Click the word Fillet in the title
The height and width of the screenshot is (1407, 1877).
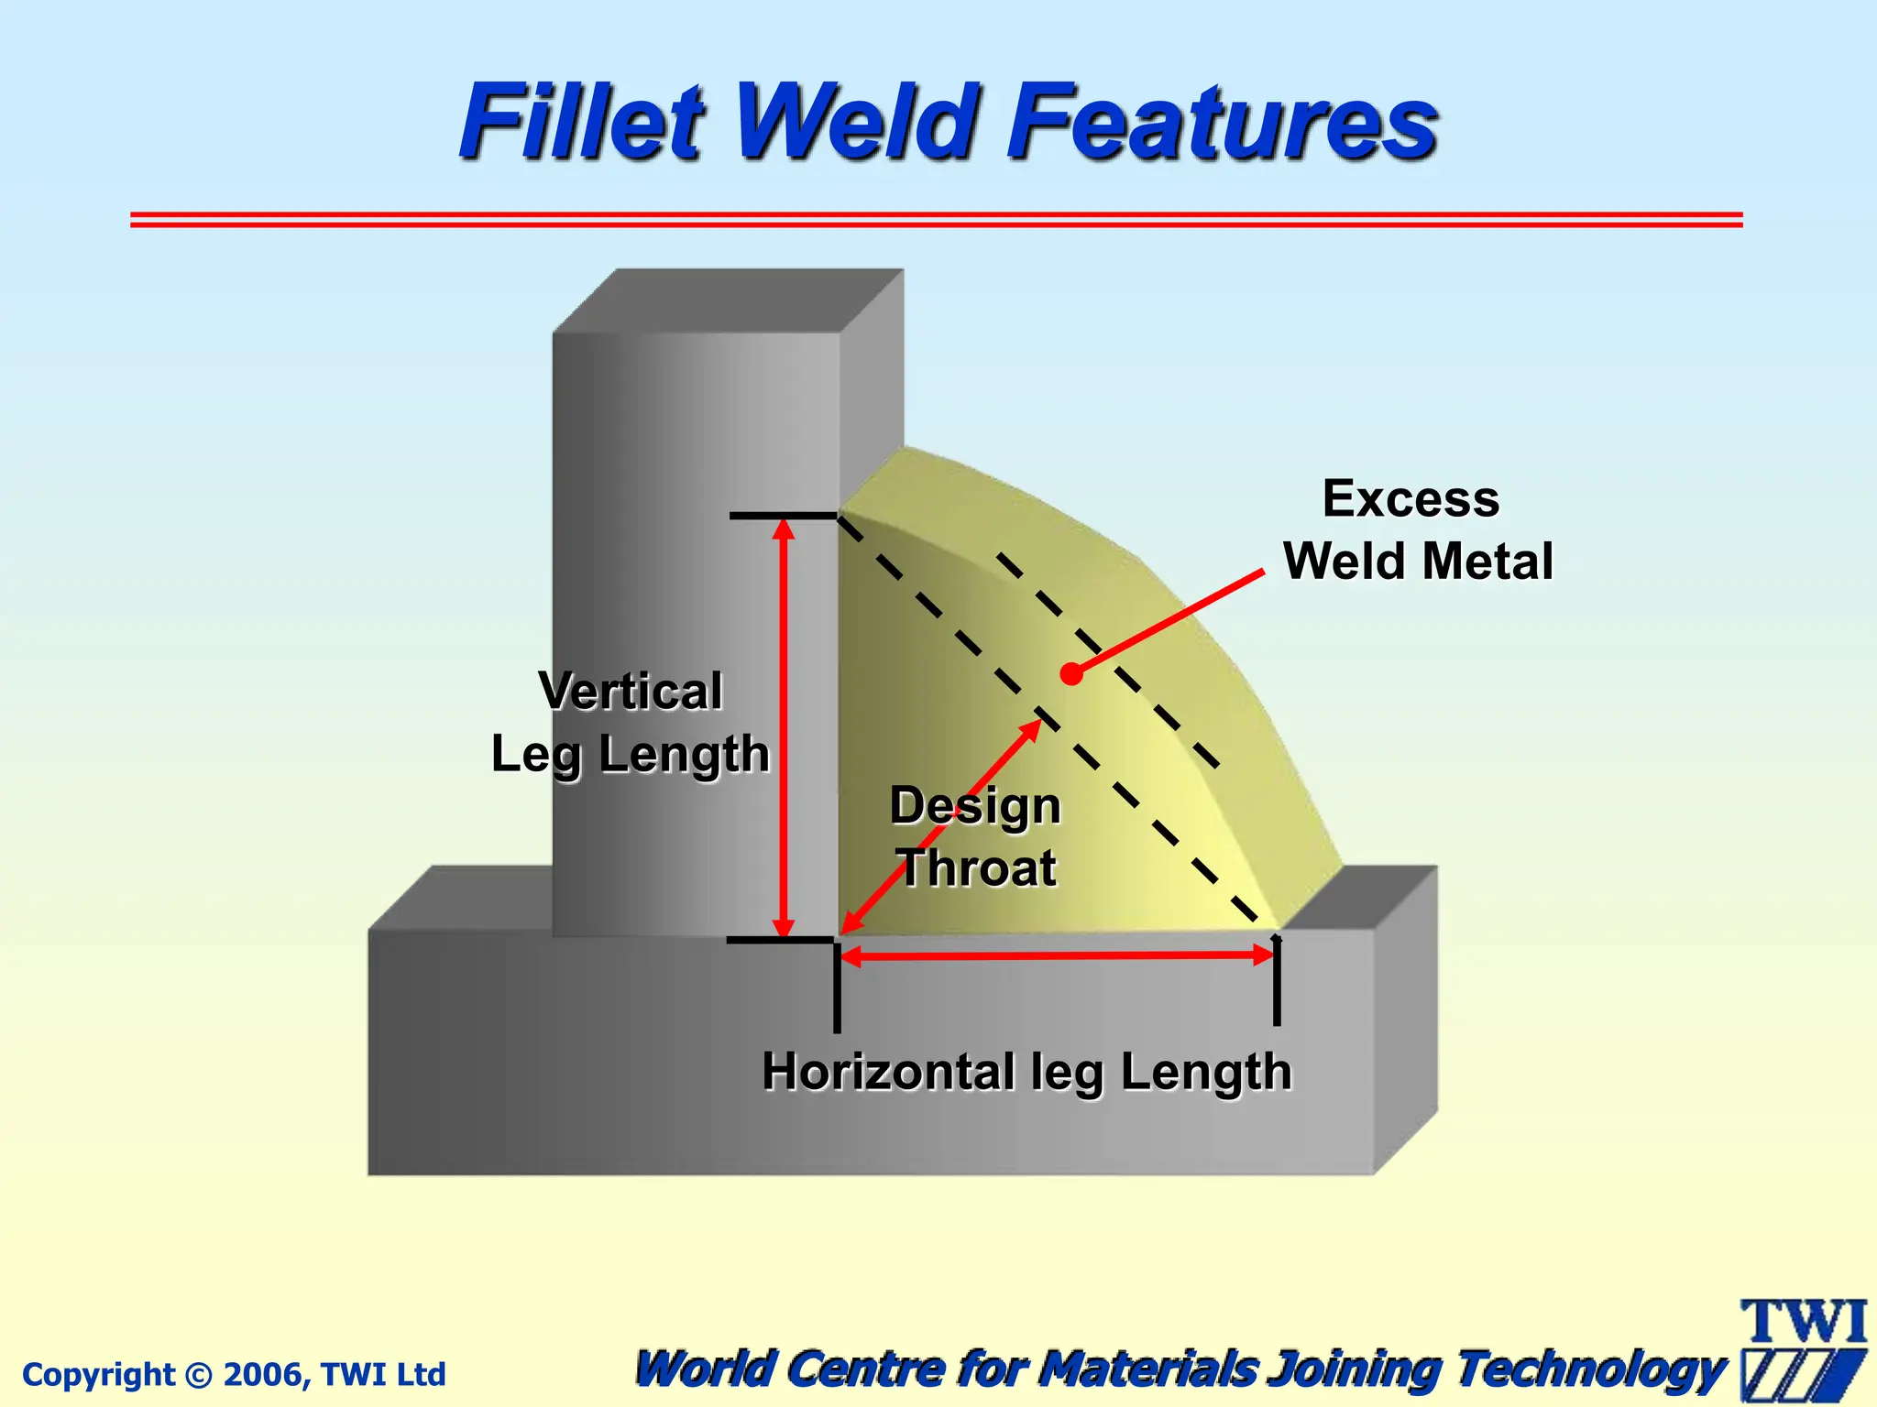click(583, 122)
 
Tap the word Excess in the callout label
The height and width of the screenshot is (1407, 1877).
click(1410, 499)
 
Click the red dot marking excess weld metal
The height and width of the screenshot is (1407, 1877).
click(1070, 674)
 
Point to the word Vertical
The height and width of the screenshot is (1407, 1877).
click(631, 691)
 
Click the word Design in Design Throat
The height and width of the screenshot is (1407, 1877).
click(975, 807)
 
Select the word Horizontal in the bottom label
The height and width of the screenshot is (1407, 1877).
click(888, 1072)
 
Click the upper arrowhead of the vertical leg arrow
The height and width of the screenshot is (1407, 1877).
click(784, 529)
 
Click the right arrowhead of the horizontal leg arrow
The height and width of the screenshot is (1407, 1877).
click(1265, 955)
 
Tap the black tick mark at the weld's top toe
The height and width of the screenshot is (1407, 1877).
click(784, 517)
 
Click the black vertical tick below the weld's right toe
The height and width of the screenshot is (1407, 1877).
click(1277, 989)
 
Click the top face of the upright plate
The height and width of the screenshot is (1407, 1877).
click(729, 300)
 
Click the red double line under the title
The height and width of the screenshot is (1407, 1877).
click(935, 220)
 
